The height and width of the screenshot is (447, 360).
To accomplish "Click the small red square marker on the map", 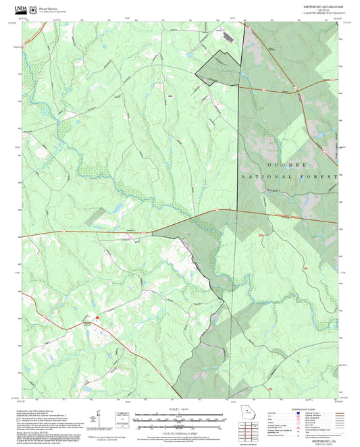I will pos(97,315).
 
